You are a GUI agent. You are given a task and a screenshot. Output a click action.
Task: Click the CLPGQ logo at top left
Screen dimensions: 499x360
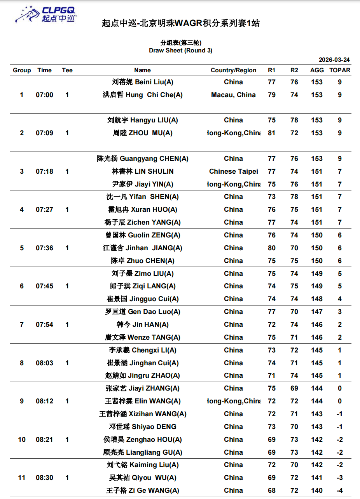pyautogui.click(x=45, y=14)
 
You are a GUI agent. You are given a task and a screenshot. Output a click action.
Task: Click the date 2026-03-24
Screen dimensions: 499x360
pyautogui.click(x=334, y=60)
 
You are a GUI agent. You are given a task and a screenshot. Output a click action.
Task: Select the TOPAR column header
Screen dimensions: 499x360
pyautogui.click(x=339, y=70)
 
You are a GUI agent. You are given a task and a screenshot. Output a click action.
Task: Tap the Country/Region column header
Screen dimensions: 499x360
pyautogui.click(x=233, y=70)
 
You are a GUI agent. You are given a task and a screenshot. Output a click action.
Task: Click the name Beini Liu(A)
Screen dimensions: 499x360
pyautogui.click(x=142, y=82)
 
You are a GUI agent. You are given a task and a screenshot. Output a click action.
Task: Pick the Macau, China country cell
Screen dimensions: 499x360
pyautogui.click(x=233, y=95)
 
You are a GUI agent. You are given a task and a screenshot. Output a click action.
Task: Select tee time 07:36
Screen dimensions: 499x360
pyautogui.click(x=44, y=248)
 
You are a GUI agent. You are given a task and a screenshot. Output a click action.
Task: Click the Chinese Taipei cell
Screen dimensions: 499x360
pyautogui.click(x=233, y=171)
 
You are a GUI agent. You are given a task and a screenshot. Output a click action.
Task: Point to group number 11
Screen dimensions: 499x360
pyautogui.click(x=22, y=478)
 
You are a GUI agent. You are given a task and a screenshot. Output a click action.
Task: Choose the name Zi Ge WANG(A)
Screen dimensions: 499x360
pyautogui.click(x=142, y=490)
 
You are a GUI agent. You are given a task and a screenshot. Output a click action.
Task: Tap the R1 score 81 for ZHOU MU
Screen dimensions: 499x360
pyautogui.click(x=271, y=133)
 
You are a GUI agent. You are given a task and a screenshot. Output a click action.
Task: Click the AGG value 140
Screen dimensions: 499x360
pyautogui.click(x=316, y=490)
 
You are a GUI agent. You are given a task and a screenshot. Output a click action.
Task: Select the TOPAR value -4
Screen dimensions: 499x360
pyautogui.click(x=339, y=490)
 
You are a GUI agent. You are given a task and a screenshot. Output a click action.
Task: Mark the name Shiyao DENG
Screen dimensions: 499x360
pyautogui.click(x=142, y=427)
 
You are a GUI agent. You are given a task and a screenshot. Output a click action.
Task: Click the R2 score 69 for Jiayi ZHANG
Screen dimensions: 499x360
pyautogui.click(x=294, y=388)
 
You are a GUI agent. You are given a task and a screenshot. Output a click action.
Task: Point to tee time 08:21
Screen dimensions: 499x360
pyautogui.click(x=44, y=440)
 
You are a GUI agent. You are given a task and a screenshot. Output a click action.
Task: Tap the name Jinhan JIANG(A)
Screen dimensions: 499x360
pyautogui.click(x=142, y=248)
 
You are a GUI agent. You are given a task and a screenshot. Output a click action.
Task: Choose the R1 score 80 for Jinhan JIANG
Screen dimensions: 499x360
pyautogui.click(x=271, y=248)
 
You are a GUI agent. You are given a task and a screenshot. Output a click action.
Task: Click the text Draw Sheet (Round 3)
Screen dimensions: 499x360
pyautogui.click(x=180, y=51)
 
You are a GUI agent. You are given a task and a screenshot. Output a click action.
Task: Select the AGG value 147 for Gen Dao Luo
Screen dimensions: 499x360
pyautogui.click(x=316, y=312)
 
